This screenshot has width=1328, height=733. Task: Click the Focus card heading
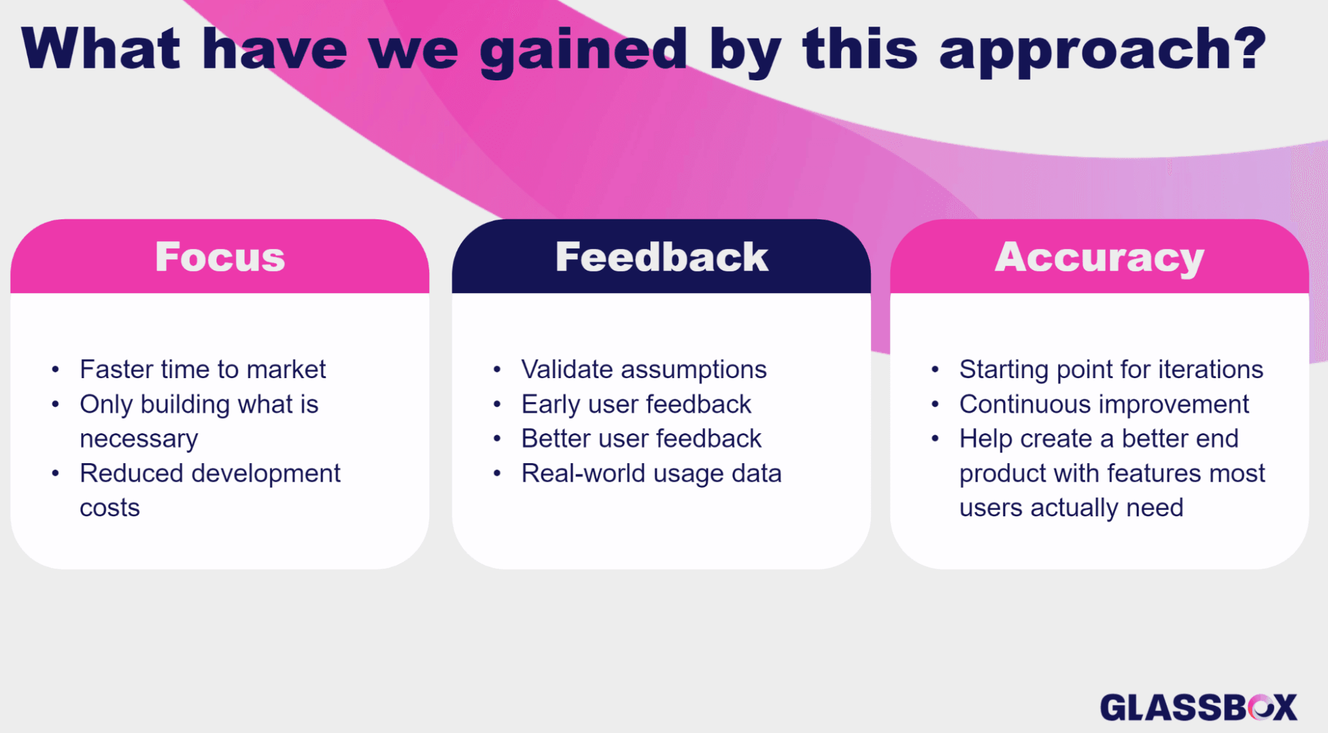[x=220, y=257]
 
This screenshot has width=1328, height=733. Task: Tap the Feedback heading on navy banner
[x=662, y=257]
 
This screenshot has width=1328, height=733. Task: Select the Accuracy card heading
[x=1099, y=257]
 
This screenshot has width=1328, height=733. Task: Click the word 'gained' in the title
[x=583, y=51]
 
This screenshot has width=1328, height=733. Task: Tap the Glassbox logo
[x=1198, y=707]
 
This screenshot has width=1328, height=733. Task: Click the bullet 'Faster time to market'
[x=203, y=369]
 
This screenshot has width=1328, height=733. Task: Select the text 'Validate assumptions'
[x=644, y=369]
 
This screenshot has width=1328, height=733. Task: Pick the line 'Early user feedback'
[x=636, y=404]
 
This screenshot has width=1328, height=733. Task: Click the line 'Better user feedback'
[x=641, y=439]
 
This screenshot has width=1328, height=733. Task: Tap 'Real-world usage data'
[x=651, y=473]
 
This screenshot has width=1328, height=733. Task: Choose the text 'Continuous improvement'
[x=1103, y=404]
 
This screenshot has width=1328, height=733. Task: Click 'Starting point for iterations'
[x=1111, y=369]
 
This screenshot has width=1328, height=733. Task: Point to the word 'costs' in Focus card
[x=110, y=508]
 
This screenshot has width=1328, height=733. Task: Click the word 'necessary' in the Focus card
[x=139, y=439]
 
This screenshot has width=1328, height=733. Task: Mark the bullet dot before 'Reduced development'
[x=56, y=473]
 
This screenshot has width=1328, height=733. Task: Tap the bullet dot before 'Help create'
[x=935, y=439]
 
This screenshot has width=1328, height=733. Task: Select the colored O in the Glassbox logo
[x=1260, y=707]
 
